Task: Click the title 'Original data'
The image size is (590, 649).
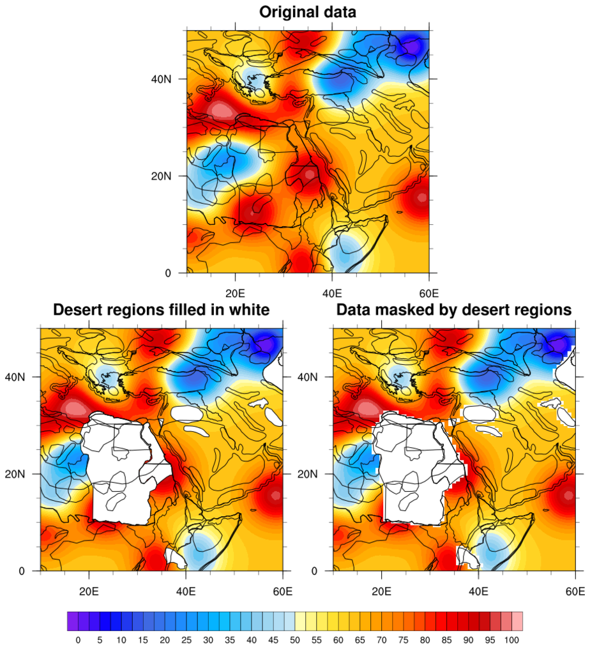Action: pyautogui.click(x=307, y=12)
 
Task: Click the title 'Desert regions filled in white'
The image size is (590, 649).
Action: pyautogui.click(x=161, y=310)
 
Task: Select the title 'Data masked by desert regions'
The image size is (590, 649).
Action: pyautogui.click(x=453, y=310)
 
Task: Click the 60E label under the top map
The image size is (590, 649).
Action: pyautogui.click(x=428, y=294)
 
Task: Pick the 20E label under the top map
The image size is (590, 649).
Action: pyautogui.click(x=236, y=294)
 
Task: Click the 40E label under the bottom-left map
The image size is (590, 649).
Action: pyautogui.click(x=186, y=592)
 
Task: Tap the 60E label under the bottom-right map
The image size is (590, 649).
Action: pyautogui.click(x=575, y=592)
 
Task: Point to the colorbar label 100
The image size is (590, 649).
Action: pyautogui.click(x=513, y=639)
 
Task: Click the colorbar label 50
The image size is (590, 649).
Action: pyautogui.click(x=295, y=639)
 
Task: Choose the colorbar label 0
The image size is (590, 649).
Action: pyautogui.click(x=78, y=639)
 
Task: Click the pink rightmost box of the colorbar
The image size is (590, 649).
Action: pyautogui.click(x=517, y=621)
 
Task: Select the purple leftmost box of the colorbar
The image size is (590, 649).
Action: pyautogui.click(x=72, y=621)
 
